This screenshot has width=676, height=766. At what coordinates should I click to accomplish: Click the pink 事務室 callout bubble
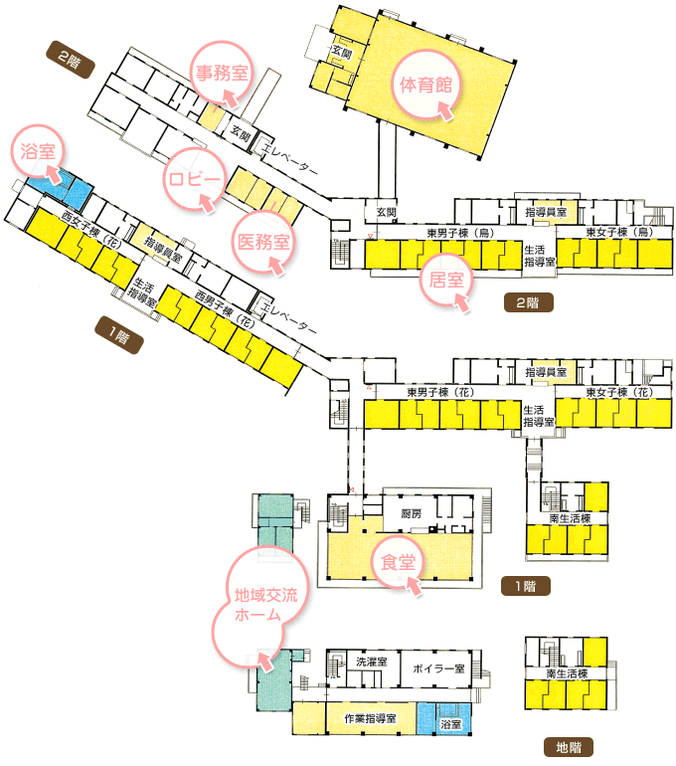coord(222,73)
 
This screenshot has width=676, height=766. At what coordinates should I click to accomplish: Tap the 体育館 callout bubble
coord(425,85)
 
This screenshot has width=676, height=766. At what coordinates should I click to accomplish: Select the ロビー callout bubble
coord(196,178)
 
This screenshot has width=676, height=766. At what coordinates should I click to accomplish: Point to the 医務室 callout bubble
coord(262,240)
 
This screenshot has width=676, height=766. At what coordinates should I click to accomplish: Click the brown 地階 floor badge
coord(569,745)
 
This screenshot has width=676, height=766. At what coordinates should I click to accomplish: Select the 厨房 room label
coord(412,513)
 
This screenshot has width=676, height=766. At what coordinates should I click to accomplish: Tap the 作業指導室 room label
coord(370,718)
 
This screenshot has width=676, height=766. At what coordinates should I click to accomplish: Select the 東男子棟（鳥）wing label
coord(453,232)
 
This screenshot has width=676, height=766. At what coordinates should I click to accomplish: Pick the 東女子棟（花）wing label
coord(616,393)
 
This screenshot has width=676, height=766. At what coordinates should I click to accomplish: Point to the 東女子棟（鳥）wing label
coord(616,232)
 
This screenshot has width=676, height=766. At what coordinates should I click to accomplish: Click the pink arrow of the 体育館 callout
coord(444,111)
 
